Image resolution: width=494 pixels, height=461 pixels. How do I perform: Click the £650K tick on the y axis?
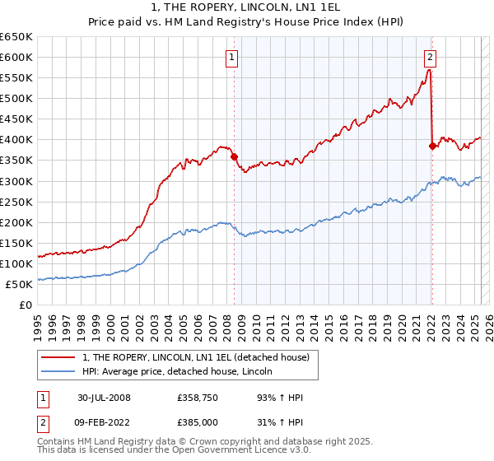coord(16,37)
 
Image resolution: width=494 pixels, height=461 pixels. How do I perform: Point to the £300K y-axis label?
coord(16,181)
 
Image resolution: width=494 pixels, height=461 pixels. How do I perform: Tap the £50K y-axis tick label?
coord(20,284)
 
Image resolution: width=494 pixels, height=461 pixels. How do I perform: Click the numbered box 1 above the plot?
coord(233,58)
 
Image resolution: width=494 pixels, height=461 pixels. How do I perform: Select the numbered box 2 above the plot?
coord(431,58)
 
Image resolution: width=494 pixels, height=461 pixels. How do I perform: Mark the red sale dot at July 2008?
coord(234,156)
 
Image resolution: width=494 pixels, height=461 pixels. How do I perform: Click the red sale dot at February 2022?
coord(431,146)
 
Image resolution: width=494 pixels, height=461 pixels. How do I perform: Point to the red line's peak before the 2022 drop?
coord(429,71)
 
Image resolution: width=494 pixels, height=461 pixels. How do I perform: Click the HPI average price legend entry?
coord(182,372)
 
